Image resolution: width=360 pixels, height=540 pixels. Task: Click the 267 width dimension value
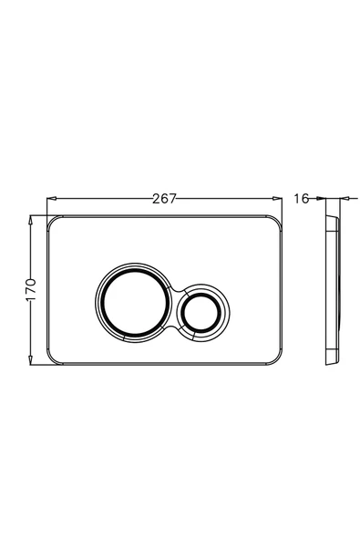164,199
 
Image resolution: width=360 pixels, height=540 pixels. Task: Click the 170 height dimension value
31,290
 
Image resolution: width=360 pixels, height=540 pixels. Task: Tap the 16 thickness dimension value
301,199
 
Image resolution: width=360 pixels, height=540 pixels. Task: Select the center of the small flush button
201,312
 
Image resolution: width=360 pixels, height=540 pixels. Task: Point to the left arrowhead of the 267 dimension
51,198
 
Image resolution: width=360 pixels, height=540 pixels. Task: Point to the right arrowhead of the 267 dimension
277,198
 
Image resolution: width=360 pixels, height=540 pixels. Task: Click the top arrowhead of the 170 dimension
31,220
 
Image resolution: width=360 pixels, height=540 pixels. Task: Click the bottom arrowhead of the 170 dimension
31,360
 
